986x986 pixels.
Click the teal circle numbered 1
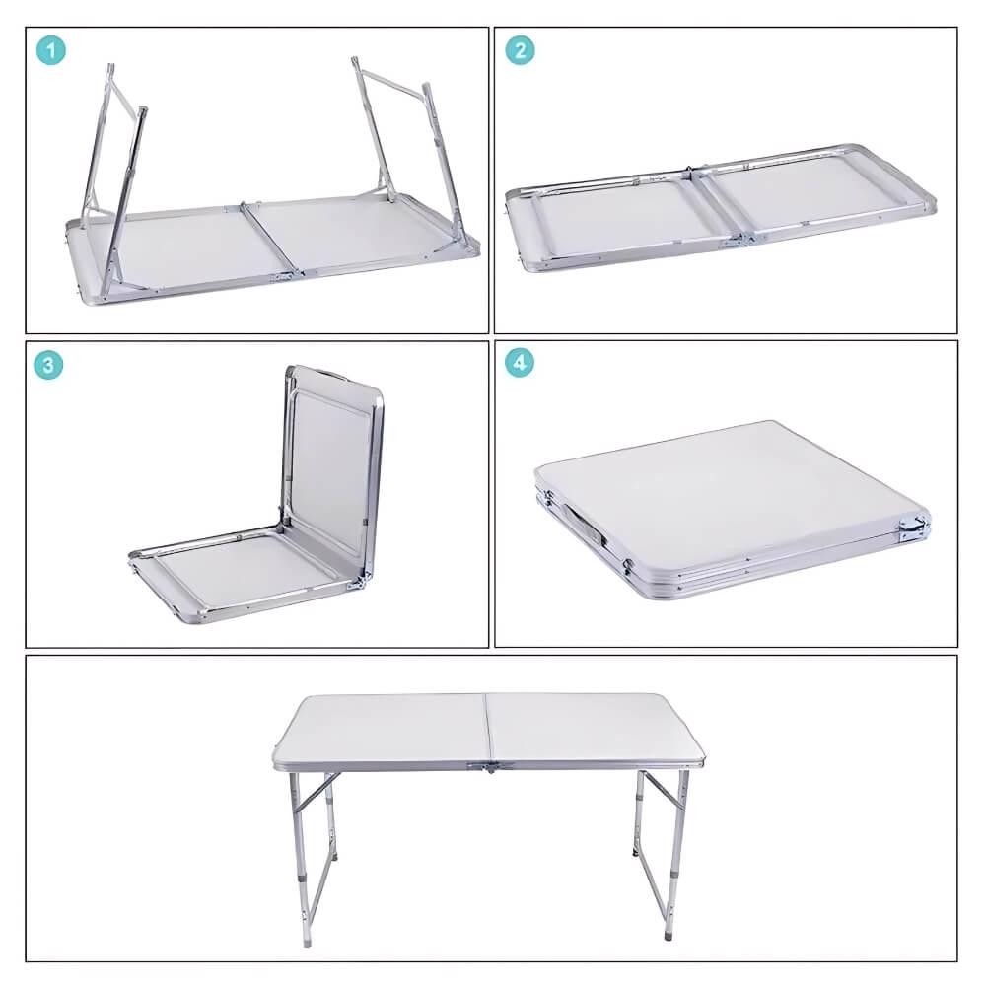[x=51, y=51]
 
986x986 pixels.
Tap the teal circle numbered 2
[x=520, y=50]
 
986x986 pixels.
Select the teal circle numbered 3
[x=48, y=365]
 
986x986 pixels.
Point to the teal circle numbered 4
[x=520, y=363]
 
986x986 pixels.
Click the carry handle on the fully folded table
[x=583, y=524]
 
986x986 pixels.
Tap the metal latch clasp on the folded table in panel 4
[x=914, y=527]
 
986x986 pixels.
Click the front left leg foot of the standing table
[x=307, y=942]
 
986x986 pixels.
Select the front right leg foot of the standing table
[x=668, y=935]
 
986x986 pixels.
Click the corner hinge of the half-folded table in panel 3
[x=358, y=583]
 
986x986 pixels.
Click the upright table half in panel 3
[x=331, y=474]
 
